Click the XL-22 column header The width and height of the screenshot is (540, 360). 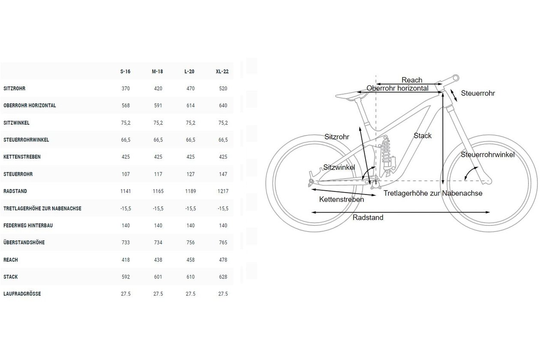click(x=222, y=72)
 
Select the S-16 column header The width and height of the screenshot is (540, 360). click(x=125, y=72)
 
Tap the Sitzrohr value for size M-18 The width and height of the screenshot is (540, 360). click(x=158, y=88)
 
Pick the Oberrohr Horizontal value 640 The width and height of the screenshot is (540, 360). click(x=223, y=105)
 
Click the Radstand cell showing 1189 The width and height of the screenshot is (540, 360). click(x=190, y=191)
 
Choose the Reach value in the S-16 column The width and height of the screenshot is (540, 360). click(x=126, y=260)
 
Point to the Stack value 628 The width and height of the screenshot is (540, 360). click(x=223, y=277)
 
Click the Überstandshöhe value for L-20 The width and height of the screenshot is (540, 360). click(x=190, y=242)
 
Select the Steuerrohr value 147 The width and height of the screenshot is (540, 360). click(x=223, y=174)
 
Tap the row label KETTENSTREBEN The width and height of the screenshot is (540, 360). click(x=22, y=157)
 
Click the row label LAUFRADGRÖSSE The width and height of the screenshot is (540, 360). click(x=22, y=294)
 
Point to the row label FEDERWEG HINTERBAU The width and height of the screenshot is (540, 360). click(x=28, y=225)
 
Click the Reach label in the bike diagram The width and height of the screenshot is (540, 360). click(x=412, y=80)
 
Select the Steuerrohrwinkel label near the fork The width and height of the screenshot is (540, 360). click(x=487, y=155)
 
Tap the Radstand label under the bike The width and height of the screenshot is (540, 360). click(x=368, y=217)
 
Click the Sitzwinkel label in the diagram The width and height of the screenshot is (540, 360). click(x=339, y=167)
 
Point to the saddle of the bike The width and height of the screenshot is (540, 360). click(x=351, y=95)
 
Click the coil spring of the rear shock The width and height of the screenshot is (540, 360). click(x=385, y=150)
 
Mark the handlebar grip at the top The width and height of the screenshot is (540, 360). click(x=456, y=78)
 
